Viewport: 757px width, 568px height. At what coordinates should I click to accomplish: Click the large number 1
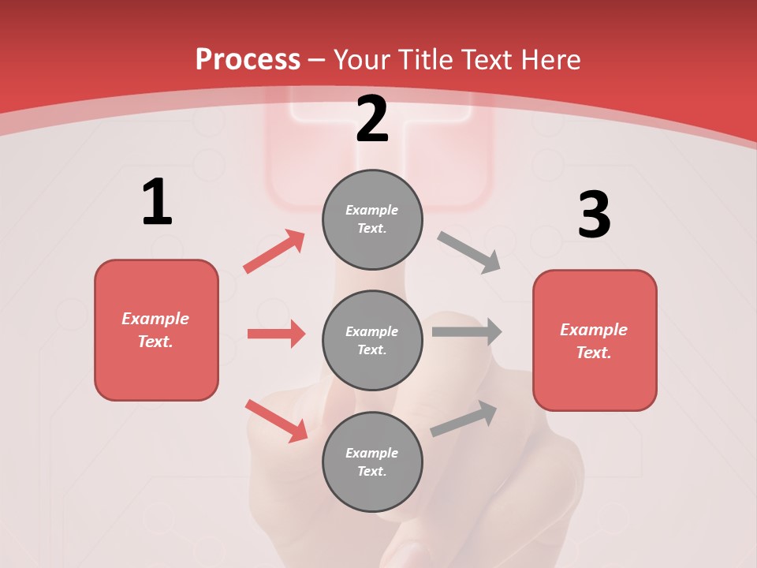(x=157, y=202)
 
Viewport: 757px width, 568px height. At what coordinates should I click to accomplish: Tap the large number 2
(x=372, y=119)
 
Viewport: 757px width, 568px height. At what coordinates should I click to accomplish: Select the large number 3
(x=594, y=215)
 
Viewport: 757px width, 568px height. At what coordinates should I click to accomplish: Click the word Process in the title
(x=248, y=59)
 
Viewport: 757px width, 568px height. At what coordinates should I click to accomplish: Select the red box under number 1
(x=156, y=330)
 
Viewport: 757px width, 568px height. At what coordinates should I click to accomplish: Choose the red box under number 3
(x=595, y=340)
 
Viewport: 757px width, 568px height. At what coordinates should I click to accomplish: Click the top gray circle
(x=372, y=219)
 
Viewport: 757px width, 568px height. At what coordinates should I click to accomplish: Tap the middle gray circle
(x=372, y=340)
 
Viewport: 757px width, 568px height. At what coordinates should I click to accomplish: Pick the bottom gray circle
(x=372, y=461)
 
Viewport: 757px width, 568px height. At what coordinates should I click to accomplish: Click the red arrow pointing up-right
(x=274, y=252)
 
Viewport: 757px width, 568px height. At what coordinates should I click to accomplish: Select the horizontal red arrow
(x=276, y=334)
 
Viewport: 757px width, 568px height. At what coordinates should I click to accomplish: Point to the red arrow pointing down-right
(x=276, y=420)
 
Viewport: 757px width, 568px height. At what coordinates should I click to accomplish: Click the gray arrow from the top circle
(x=469, y=252)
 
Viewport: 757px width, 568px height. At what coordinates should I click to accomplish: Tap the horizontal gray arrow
(x=467, y=331)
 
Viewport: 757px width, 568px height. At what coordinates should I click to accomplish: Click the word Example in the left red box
(x=155, y=319)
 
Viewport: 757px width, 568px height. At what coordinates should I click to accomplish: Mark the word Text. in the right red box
(x=594, y=353)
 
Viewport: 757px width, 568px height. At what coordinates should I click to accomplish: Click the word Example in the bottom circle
(x=372, y=453)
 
